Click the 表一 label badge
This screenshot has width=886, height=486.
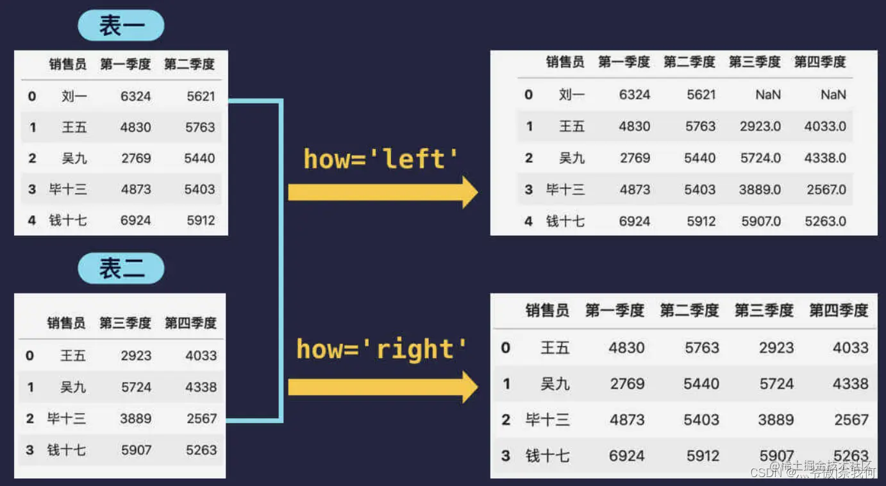pos(121,26)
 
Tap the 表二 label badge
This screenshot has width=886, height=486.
pos(121,269)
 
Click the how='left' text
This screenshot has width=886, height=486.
pos(381,159)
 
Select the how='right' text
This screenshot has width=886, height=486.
pos(381,349)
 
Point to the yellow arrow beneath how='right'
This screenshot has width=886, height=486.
pos(382,387)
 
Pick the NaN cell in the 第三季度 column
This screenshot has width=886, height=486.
pos(767,95)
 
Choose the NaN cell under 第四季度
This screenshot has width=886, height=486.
pos(833,95)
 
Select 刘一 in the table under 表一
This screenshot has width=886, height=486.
pos(74,97)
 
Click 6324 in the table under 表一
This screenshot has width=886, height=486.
pos(135,97)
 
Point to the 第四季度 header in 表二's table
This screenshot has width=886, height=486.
pos(190,323)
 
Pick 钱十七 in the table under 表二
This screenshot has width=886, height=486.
pos(66,450)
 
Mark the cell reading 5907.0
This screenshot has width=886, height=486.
pos(761,221)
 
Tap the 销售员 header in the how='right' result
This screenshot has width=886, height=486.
pos(547,311)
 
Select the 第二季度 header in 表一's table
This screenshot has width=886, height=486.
pos(189,64)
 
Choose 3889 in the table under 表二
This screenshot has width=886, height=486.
pos(136,419)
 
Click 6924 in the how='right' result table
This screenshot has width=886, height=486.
pos(626,456)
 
